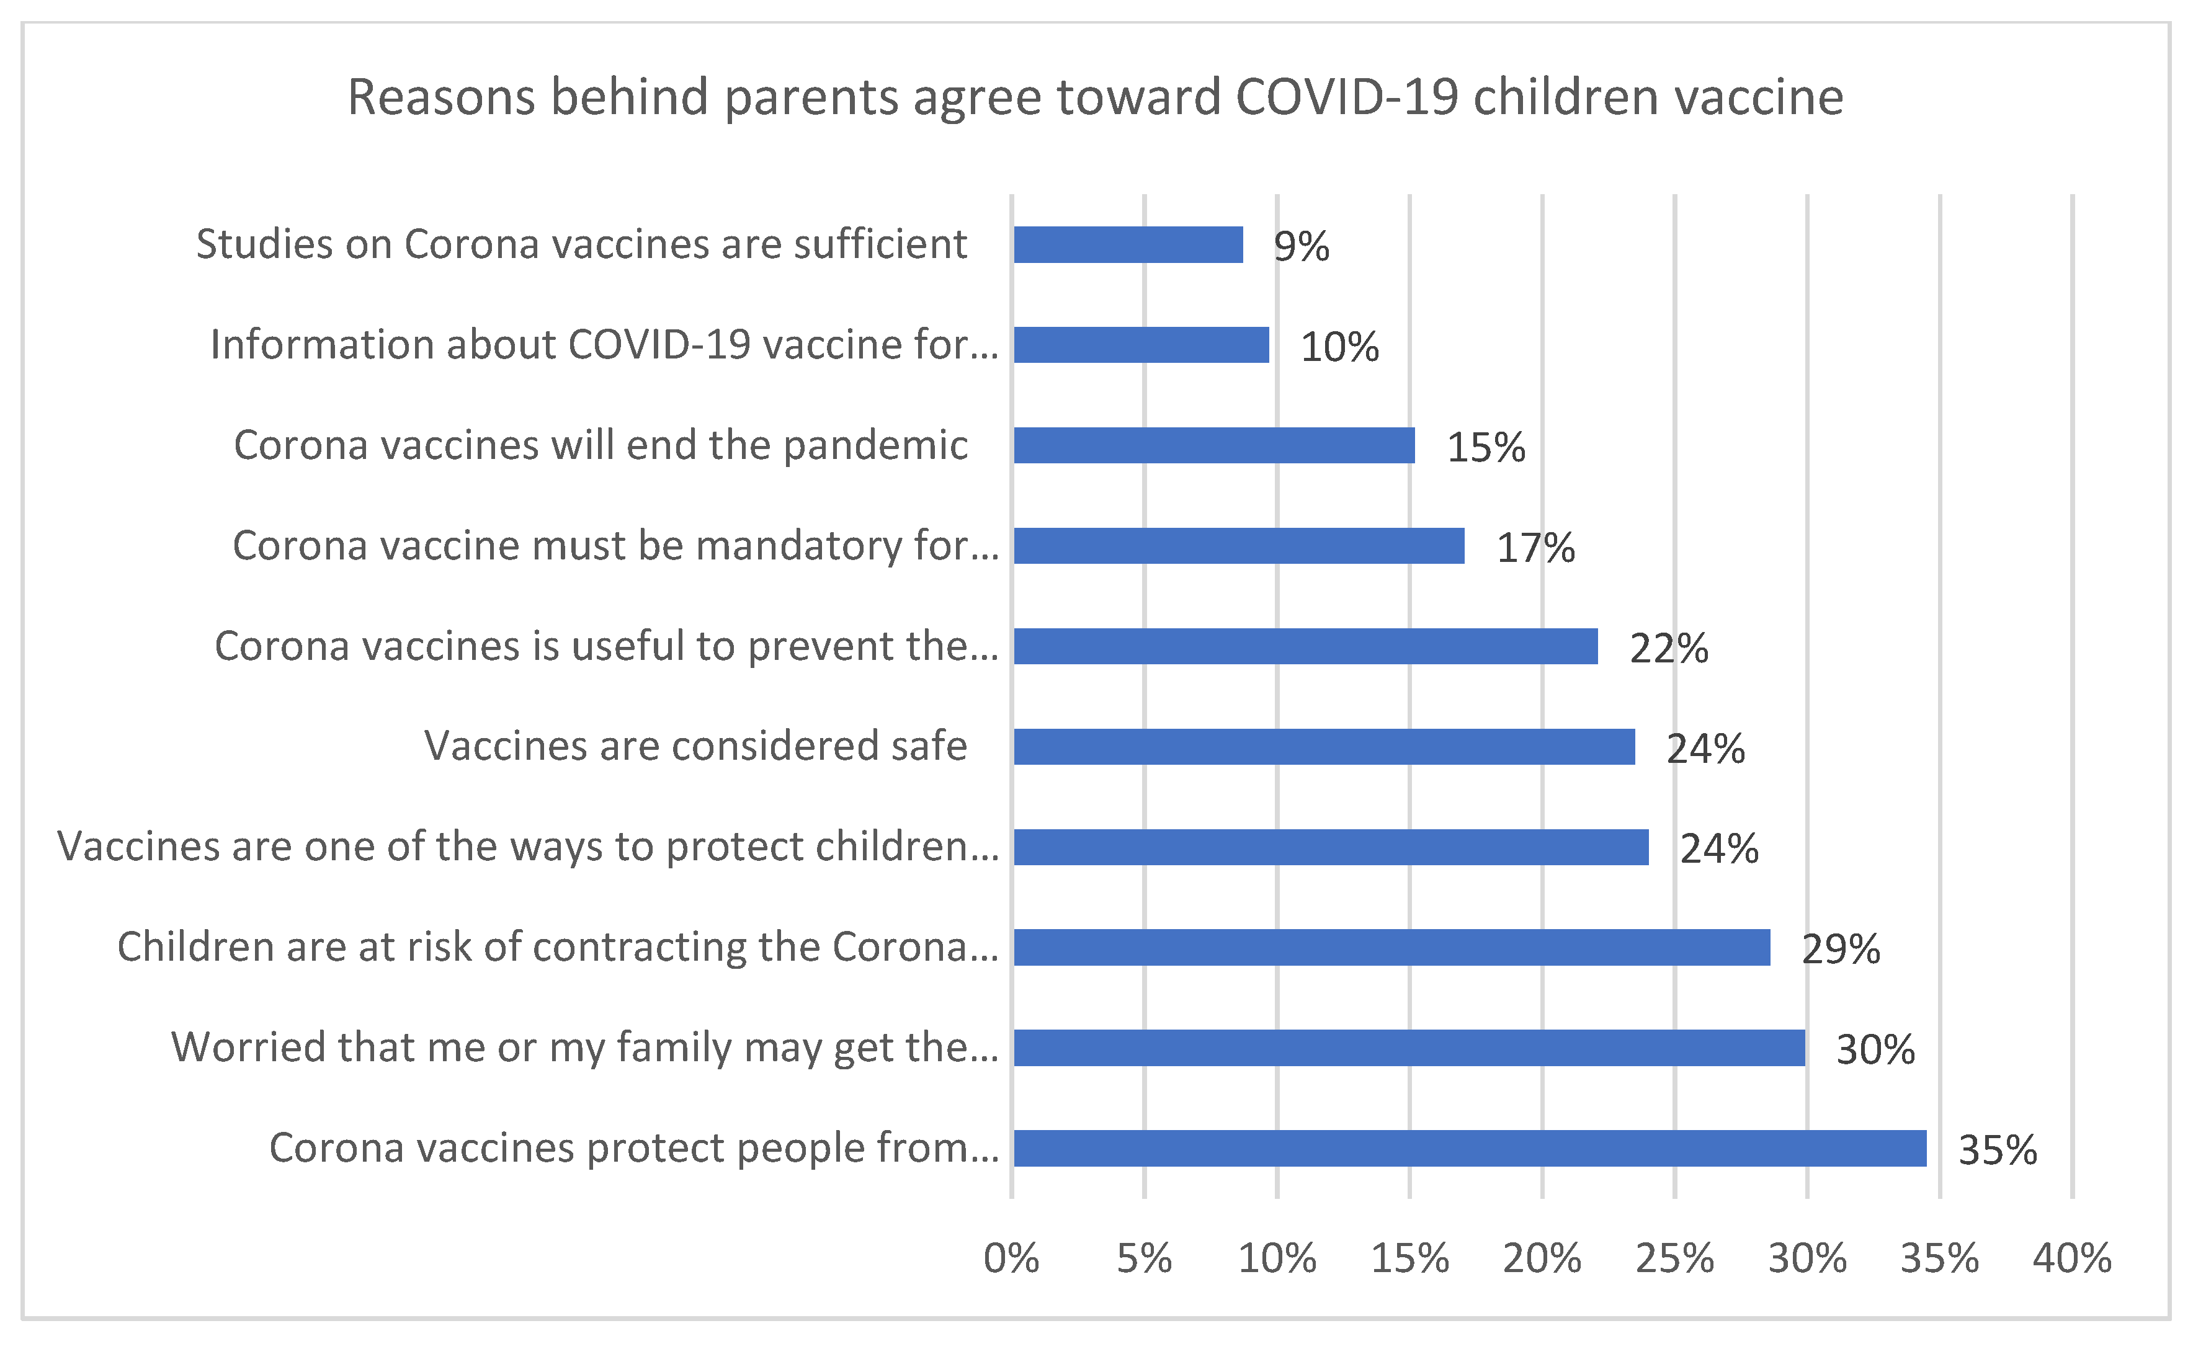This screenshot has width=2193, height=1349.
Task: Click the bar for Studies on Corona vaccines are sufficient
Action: [x=1128, y=244]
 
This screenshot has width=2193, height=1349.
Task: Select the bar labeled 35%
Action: [x=1470, y=1148]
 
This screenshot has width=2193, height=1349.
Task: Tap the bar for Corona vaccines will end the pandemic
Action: [x=1213, y=445]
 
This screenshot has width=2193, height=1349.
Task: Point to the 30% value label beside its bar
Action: [x=1875, y=1049]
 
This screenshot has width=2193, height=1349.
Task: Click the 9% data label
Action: [x=1301, y=246]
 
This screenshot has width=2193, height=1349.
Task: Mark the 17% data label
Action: [x=1535, y=548]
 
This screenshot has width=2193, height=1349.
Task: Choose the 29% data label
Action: [x=1841, y=948]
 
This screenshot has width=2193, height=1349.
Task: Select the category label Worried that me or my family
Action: [x=584, y=1048]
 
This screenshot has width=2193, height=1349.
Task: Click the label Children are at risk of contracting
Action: [x=558, y=946]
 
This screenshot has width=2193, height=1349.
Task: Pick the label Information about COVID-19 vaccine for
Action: [x=604, y=344]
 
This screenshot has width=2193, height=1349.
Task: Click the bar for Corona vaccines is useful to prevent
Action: [x=1305, y=646]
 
